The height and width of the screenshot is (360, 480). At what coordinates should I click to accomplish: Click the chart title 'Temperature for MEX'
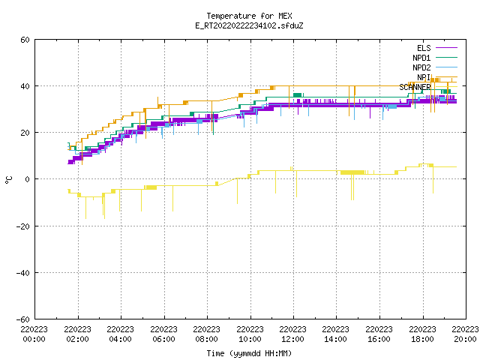[x=249, y=16]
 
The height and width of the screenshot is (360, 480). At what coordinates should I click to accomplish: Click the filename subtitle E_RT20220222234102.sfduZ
[x=249, y=25]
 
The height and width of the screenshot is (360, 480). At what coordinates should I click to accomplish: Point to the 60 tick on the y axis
[x=25, y=40]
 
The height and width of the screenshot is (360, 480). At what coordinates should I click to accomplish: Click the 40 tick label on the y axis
[x=25, y=86]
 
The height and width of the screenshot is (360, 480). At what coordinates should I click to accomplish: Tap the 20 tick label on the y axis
[x=25, y=133]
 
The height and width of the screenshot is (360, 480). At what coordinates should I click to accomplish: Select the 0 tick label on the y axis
[x=27, y=179]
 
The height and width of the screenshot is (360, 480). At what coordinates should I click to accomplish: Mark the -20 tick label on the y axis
[x=23, y=226]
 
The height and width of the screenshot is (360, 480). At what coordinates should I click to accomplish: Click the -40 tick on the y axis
[x=23, y=273]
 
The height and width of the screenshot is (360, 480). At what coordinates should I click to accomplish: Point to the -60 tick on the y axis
[x=23, y=319]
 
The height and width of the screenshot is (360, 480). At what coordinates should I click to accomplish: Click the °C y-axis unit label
[x=8, y=180]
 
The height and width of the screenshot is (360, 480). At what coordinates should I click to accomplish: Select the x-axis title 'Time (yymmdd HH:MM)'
[x=249, y=353]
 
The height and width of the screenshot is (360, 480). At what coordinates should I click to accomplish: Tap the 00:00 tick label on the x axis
[x=34, y=339]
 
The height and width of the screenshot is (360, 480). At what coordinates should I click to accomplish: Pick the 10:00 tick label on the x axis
[x=250, y=339]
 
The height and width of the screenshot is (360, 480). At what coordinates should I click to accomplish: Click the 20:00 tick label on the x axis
[x=465, y=339]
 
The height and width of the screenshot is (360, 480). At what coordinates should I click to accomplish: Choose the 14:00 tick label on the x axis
[x=336, y=339]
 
